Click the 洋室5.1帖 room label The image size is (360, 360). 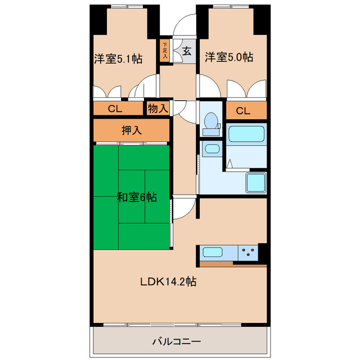117,58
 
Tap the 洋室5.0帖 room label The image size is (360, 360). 228,57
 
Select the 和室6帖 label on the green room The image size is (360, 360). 136,197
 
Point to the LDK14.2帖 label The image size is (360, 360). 168,282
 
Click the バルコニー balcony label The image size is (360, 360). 176,341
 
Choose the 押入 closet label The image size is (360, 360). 132,130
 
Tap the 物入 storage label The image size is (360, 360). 158,108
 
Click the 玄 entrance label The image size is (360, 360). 187,51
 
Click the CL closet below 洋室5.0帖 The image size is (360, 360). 242,111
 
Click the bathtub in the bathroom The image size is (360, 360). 246,135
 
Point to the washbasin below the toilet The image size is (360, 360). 211,150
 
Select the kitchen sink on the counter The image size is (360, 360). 215,253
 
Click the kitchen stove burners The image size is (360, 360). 247,253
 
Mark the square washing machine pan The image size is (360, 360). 255,182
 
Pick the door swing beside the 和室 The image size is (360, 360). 181,209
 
